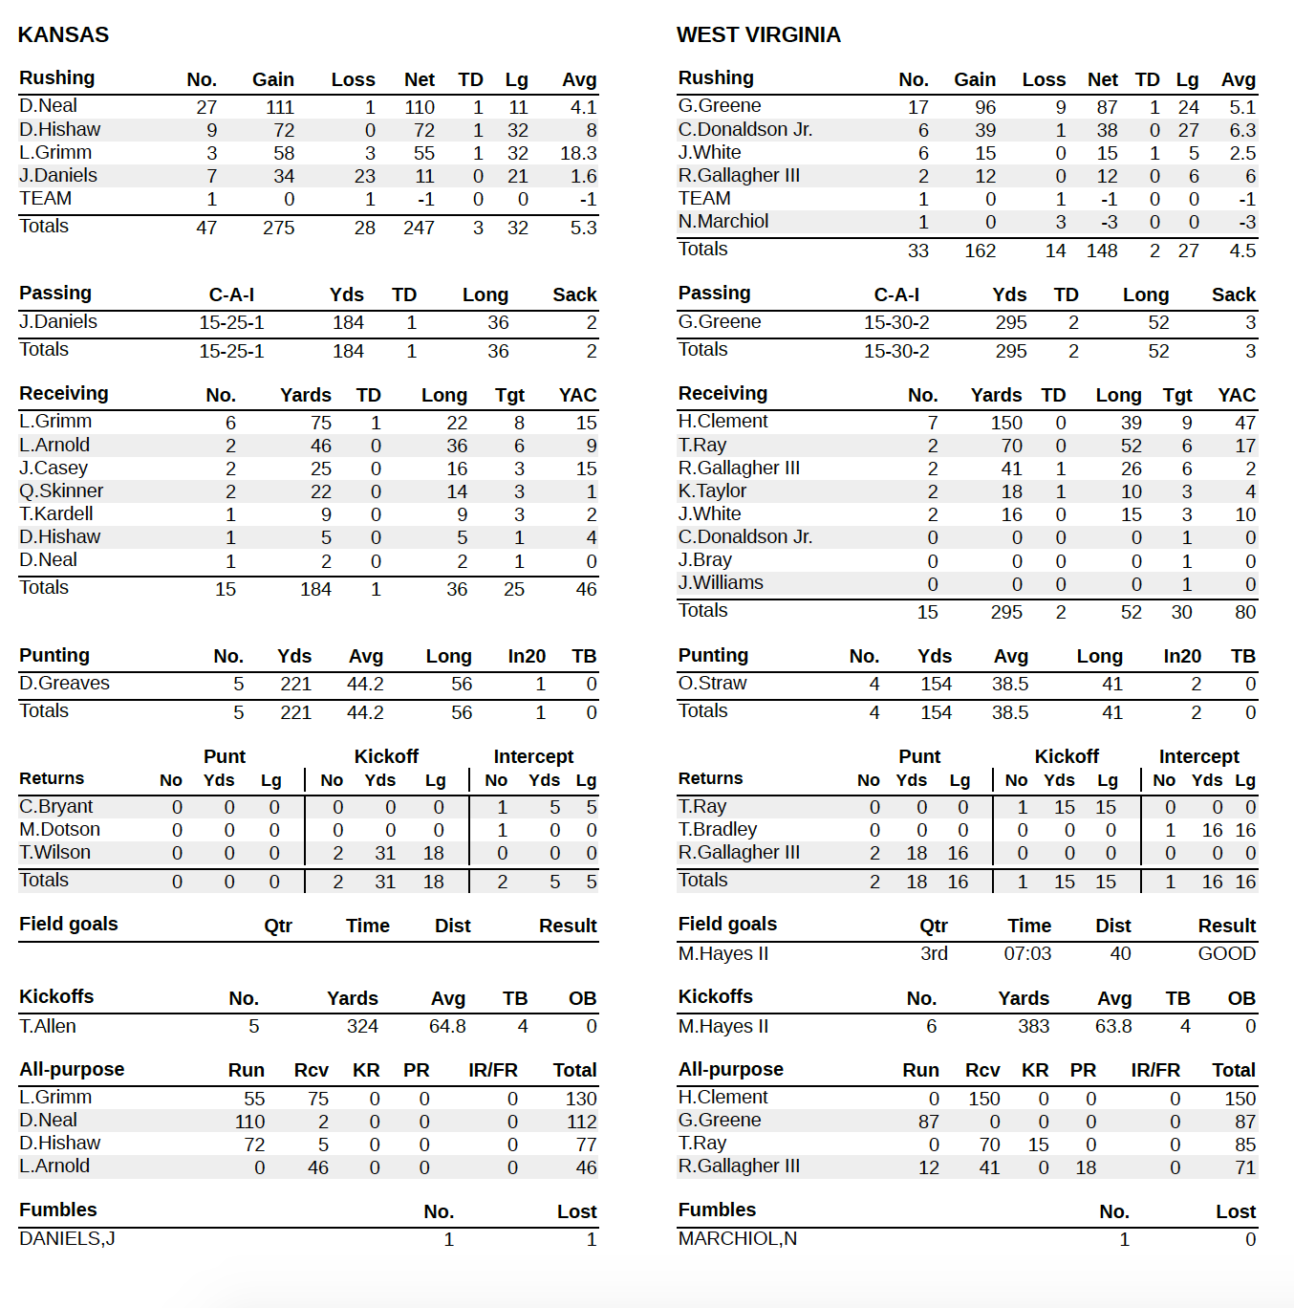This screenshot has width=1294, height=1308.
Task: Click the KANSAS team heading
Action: click(63, 34)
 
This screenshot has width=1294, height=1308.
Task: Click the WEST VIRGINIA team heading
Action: click(758, 34)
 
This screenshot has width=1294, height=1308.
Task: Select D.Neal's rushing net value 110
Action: click(419, 107)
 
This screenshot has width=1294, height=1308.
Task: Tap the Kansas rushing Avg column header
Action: click(579, 79)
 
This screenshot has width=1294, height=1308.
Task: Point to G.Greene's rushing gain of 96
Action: click(984, 107)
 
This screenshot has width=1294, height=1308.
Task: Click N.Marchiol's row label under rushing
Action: click(722, 222)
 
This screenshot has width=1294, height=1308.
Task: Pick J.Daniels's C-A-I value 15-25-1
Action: click(231, 323)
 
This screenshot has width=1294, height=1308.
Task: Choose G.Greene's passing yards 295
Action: click(1010, 323)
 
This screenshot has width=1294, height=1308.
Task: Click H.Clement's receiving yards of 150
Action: click(1005, 423)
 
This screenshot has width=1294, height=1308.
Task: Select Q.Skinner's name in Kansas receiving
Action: click(61, 491)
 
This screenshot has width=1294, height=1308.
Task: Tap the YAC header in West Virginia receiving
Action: click(1236, 395)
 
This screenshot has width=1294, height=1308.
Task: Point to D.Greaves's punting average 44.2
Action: click(365, 685)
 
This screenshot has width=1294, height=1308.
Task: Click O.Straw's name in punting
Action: click(712, 684)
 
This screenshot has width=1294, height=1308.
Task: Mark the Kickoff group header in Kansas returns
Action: click(386, 756)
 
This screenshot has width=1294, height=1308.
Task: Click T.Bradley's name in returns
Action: click(717, 830)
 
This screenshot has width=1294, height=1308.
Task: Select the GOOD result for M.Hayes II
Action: click(1226, 954)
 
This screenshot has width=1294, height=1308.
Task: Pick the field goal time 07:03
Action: click(1027, 954)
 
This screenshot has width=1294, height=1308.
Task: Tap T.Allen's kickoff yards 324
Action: click(362, 1027)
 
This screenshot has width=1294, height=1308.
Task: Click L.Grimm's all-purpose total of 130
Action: click(580, 1099)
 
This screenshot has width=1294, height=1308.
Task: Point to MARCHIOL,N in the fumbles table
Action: click(737, 1239)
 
